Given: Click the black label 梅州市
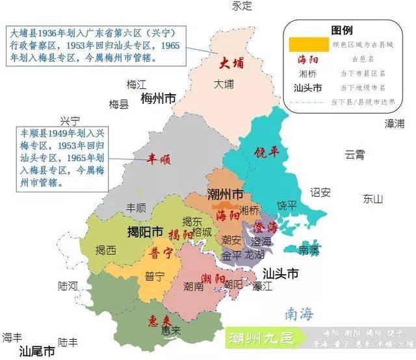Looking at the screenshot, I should [x=159, y=99].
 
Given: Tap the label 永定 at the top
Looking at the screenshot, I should [x=242, y=6].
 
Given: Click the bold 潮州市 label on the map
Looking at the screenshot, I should [x=226, y=194].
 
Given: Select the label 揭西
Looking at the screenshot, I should [x=106, y=250].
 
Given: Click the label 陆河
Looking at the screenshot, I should [x=68, y=285].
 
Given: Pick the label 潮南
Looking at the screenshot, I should [x=194, y=285].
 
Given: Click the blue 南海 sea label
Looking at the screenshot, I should [x=298, y=314].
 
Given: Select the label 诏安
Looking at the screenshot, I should [x=320, y=192].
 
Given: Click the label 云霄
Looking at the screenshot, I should [x=355, y=155].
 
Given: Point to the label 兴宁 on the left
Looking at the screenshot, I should [x=70, y=121].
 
